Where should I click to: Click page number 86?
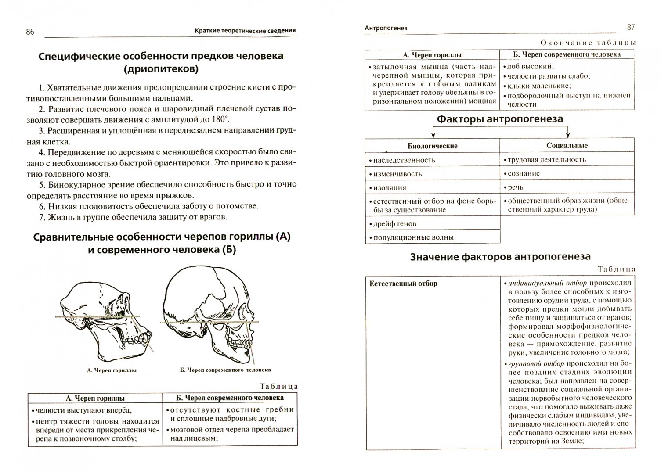[30, 32]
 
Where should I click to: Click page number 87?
[631, 27]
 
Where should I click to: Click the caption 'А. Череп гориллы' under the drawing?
[112, 370]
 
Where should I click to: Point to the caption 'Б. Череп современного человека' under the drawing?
[225, 370]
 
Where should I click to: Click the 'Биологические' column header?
[432, 146]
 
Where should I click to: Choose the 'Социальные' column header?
[567, 145]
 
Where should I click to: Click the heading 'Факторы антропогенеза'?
[500, 119]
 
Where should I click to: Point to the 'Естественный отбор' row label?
[403, 284]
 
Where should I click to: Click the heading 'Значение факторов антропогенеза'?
[500, 257]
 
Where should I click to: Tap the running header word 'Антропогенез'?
[386, 28]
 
